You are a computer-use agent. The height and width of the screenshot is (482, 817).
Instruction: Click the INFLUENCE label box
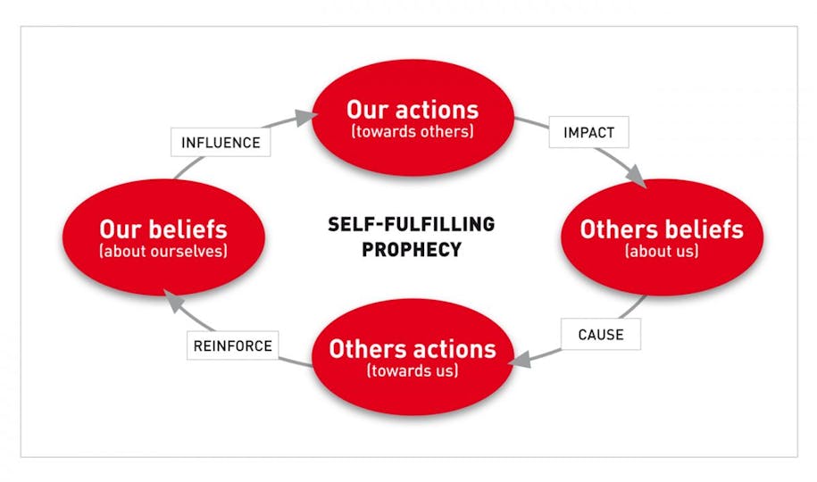pos(221,142)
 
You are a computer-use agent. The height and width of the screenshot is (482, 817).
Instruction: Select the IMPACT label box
pos(588,132)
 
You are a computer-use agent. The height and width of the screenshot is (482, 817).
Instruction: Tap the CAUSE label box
pos(601,334)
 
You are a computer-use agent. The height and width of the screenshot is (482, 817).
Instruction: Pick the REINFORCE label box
pos(232,345)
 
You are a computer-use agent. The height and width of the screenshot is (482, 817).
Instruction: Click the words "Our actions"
pos(413,110)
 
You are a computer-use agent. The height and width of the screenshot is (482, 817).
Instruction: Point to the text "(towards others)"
pos(413,131)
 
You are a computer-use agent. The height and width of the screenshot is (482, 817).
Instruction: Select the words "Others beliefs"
pos(662,229)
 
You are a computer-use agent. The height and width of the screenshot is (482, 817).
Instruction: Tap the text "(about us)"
pos(662,251)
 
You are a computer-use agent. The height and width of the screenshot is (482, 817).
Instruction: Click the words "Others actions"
pos(413,349)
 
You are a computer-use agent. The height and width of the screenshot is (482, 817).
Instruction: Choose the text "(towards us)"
pos(413,370)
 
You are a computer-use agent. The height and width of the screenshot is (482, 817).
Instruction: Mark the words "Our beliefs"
pos(163,229)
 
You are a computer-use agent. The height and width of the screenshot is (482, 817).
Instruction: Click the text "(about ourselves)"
pos(163,251)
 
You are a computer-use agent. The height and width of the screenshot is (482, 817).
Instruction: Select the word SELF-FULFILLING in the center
pos(411,224)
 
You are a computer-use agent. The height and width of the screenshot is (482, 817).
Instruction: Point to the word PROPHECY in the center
pos(412,250)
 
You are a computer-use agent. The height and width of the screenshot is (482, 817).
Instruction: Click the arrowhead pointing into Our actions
pos(305,117)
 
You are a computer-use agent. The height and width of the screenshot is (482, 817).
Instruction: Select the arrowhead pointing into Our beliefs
pos(172,300)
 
